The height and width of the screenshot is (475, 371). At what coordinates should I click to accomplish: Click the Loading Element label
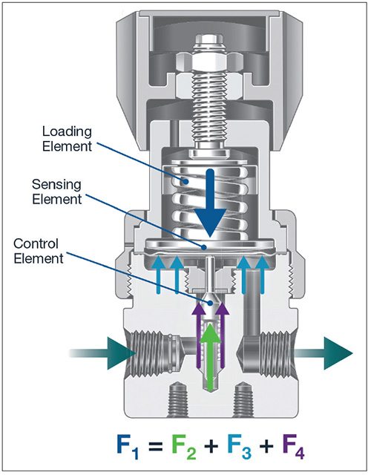tap(67, 139)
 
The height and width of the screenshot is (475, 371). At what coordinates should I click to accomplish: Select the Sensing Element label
tap(57, 191)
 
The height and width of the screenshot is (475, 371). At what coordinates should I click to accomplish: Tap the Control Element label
tap(39, 251)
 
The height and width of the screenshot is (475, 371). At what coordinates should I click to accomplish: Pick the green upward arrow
tap(210, 358)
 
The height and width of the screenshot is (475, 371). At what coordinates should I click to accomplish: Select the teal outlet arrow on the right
tap(324, 353)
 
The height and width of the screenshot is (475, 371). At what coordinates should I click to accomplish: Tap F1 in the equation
tap(128, 447)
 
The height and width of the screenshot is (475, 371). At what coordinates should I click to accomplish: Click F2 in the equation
tap(184, 447)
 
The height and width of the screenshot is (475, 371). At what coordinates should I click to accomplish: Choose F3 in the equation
tap(239, 447)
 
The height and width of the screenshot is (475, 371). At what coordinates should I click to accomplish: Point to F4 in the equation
tap(294, 447)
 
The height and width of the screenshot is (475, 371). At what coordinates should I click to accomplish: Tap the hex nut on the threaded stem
tap(210, 63)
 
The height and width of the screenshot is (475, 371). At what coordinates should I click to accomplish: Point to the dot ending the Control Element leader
tap(210, 303)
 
